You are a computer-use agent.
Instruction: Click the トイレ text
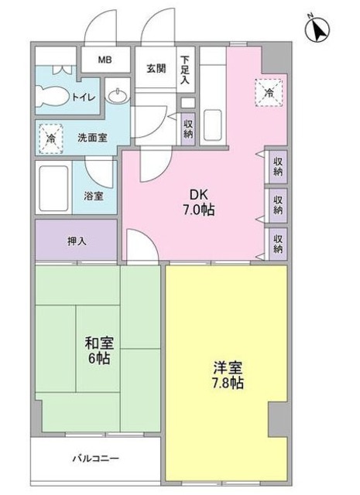tap(84, 97)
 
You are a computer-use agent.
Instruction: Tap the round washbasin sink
tap(118, 97)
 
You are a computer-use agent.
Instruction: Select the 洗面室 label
tap(91, 138)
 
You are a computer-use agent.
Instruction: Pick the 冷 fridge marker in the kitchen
tap(268, 90)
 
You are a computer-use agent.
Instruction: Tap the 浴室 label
tap(94, 196)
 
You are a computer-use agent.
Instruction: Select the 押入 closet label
tap(76, 241)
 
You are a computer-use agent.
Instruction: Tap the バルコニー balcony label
tap(96, 459)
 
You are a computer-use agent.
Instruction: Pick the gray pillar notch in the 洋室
tap(277, 418)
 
